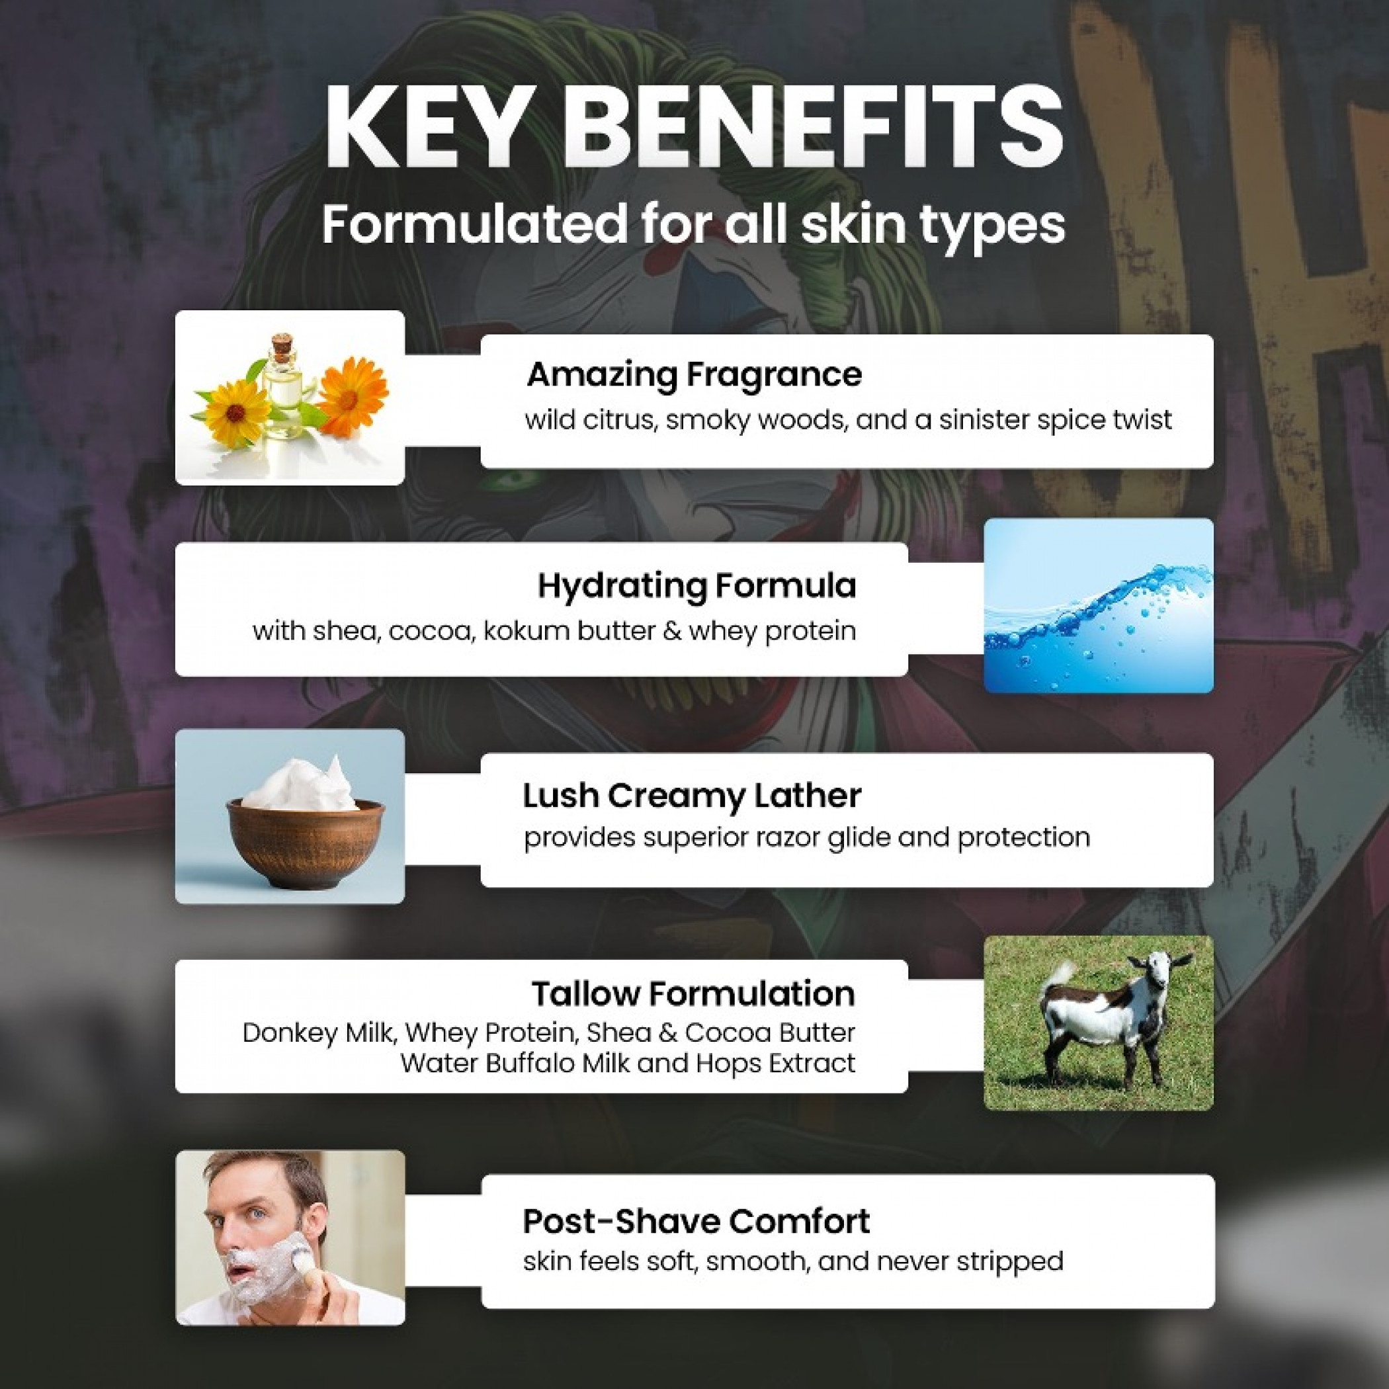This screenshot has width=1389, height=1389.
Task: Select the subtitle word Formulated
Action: (474, 224)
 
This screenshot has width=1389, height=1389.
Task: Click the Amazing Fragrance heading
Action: (694, 374)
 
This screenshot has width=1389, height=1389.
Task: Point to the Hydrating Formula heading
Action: (696, 586)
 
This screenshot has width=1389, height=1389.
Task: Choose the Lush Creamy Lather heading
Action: (692, 796)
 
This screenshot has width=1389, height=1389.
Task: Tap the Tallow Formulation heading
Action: (694, 993)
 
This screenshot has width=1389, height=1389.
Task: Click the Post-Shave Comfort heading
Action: (696, 1221)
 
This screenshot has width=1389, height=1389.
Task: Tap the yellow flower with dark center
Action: (234, 413)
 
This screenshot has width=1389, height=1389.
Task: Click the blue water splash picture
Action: (1099, 605)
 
